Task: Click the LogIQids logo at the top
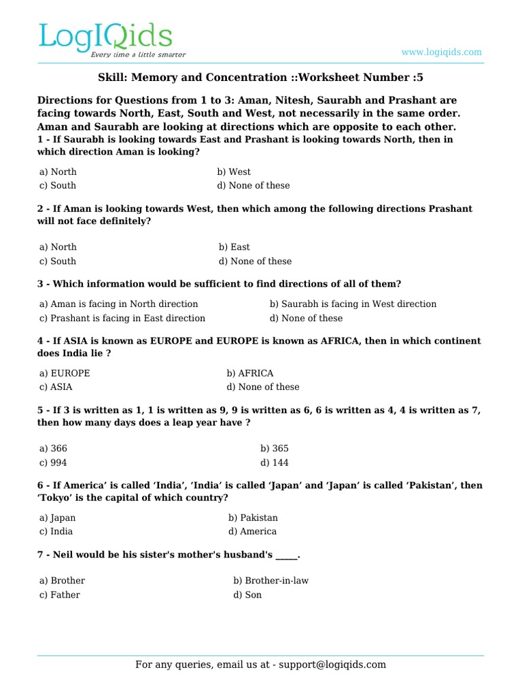105,38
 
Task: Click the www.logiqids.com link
441,52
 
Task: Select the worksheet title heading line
261,78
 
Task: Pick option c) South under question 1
58,185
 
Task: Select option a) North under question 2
58,247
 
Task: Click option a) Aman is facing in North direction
119,304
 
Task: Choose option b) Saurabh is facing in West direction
353,304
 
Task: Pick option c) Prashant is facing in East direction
122,318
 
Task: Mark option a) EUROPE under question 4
65,373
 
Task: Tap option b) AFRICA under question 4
250,373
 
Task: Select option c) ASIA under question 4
56,387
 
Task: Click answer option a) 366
53,449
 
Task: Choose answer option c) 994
53,462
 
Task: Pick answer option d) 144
275,462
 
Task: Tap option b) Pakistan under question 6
253,518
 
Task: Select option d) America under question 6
252,532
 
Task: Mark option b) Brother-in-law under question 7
271,581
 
